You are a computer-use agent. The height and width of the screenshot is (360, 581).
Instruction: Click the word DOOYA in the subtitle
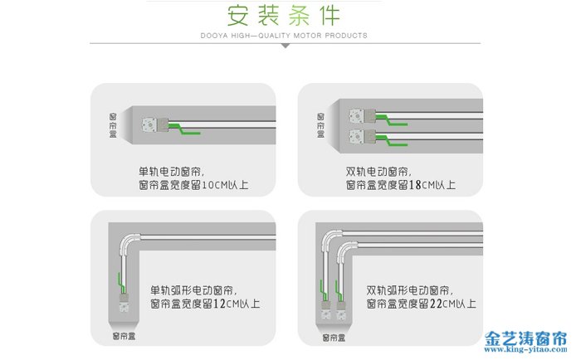pyautogui.click(x=212, y=36)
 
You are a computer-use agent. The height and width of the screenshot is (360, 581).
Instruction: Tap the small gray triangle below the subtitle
pyautogui.click(x=285, y=46)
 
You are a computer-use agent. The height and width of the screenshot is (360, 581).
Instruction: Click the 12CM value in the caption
pyautogui.click(x=228, y=304)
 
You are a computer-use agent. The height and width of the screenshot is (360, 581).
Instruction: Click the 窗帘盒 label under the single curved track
pyautogui.click(x=125, y=336)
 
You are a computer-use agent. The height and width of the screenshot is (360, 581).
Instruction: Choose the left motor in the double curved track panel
pyautogui.click(x=325, y=311)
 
